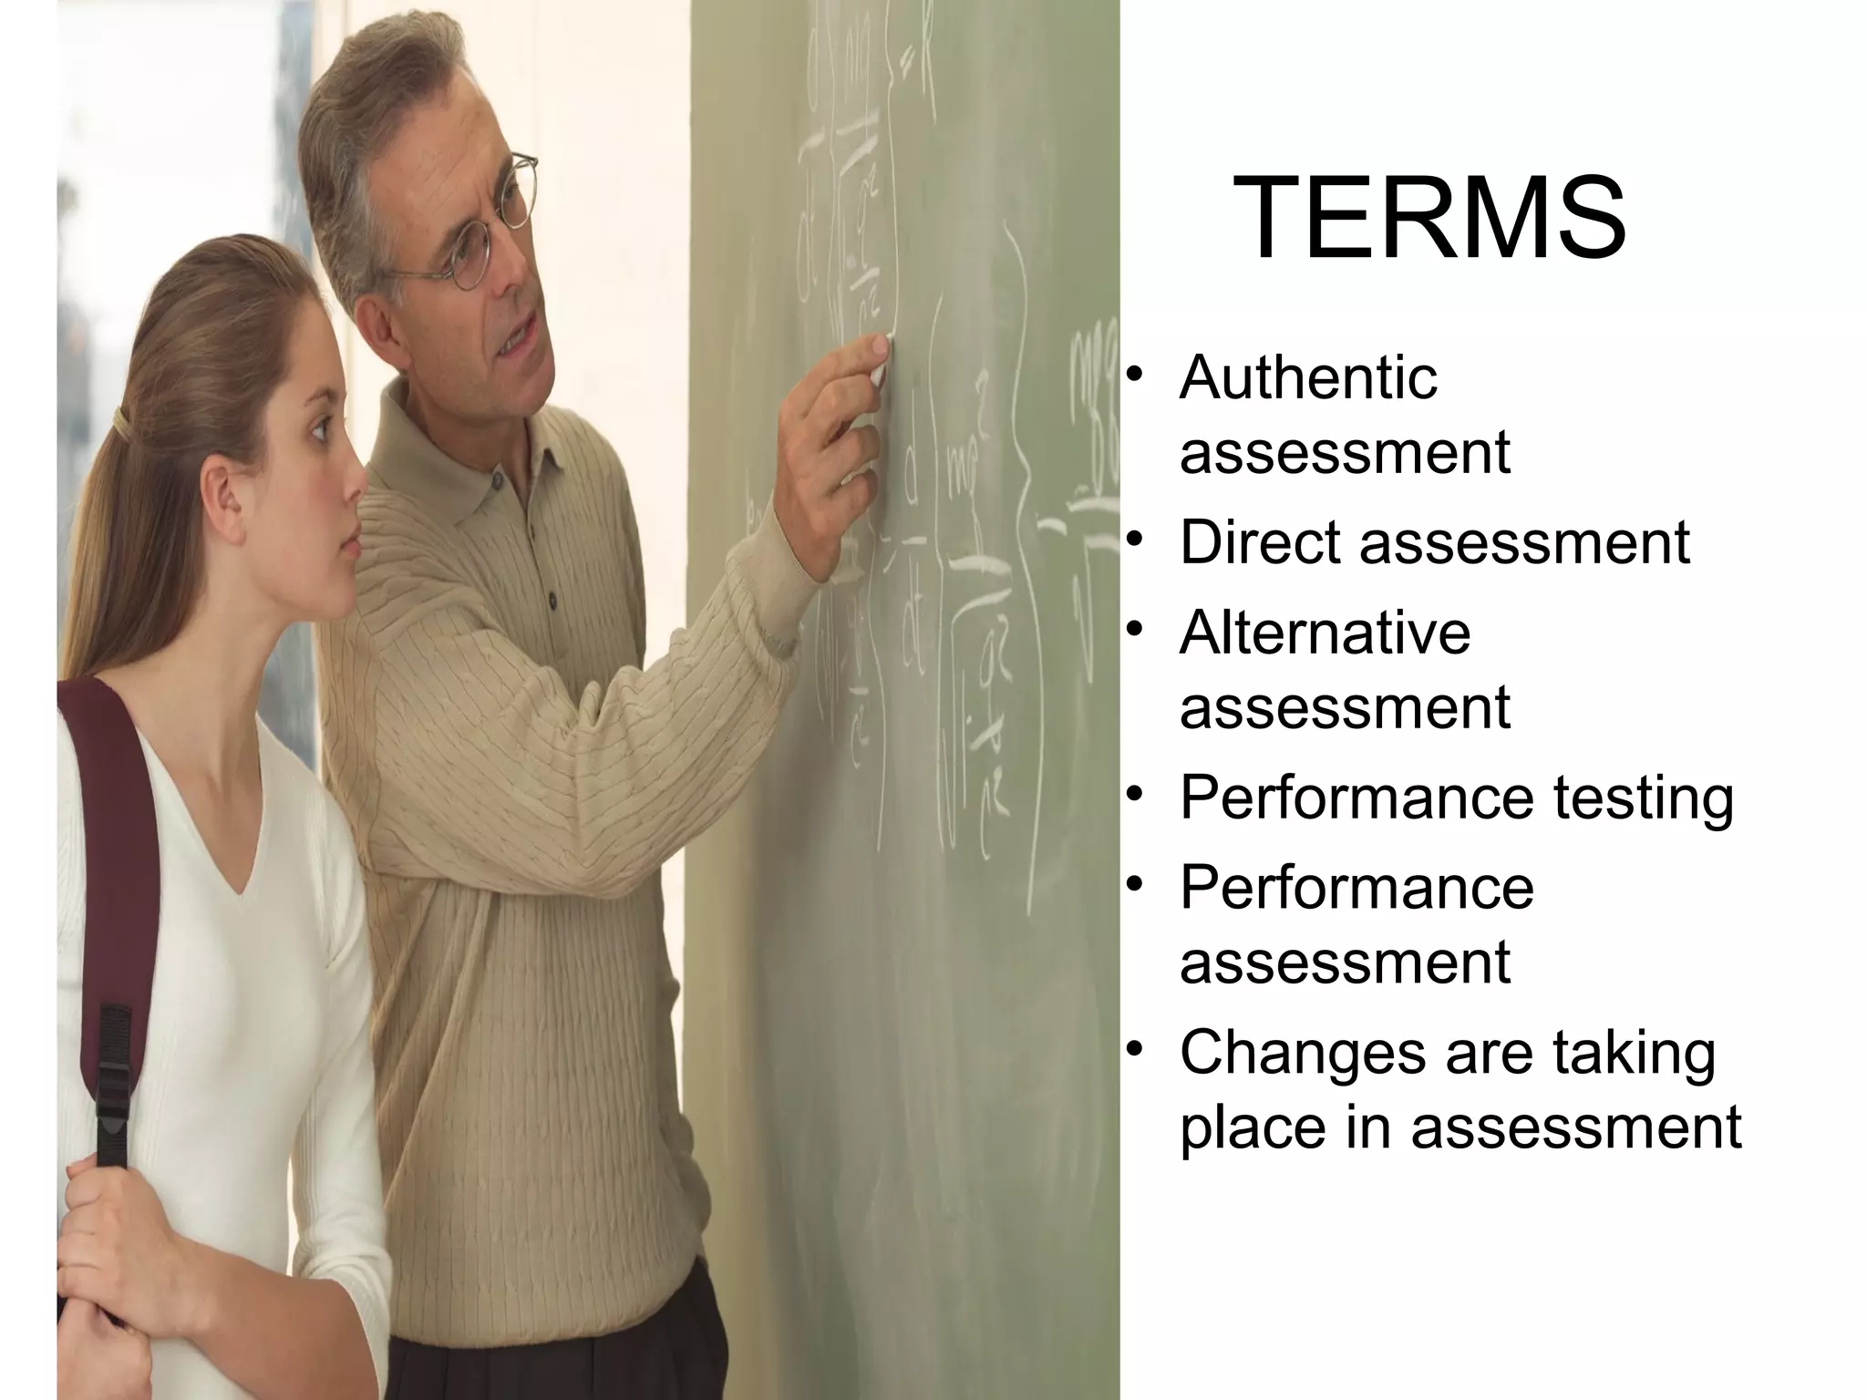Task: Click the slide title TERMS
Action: (1429, 220)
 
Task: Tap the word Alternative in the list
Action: (1325, 633)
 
